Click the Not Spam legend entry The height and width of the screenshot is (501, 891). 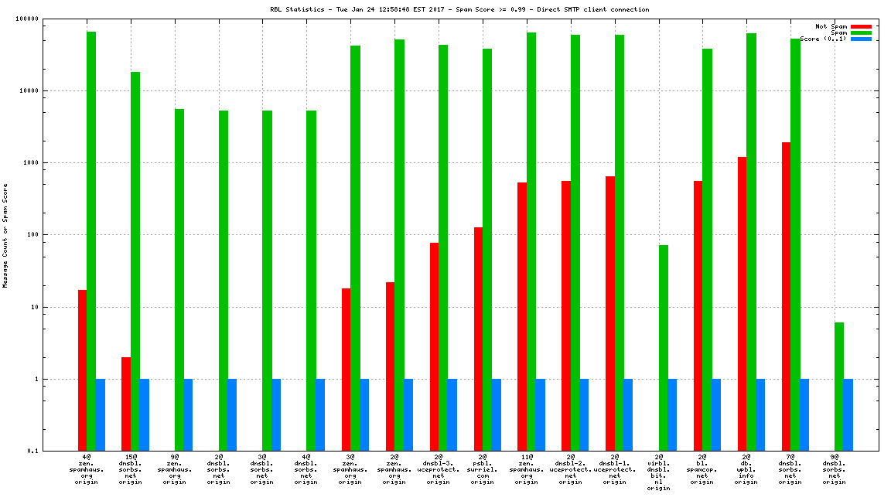831,26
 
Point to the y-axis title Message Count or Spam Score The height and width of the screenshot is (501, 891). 5,235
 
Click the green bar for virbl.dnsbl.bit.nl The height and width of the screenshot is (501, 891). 663,348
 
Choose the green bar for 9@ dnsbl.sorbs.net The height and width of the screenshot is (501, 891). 839,387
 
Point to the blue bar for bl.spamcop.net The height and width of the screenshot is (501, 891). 716,414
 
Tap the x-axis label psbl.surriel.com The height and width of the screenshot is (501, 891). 483,469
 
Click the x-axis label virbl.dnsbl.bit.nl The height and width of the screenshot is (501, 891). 658,472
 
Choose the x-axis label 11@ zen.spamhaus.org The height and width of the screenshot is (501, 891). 527,469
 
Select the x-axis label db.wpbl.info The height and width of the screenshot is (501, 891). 746,469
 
